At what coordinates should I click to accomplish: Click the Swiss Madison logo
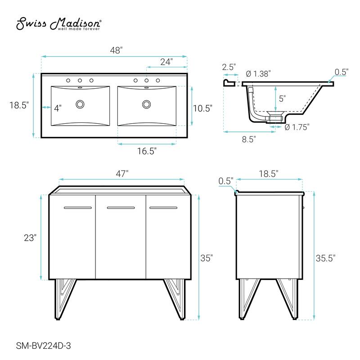click(59, 24)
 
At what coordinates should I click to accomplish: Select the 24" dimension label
click(166, 62)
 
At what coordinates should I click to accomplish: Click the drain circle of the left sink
click(80, 104)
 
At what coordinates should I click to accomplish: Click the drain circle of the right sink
click(146, 104)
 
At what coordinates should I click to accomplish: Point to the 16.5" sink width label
click(147, 152)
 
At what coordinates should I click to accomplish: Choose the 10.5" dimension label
click(202, 108)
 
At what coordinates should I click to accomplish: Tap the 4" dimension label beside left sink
click(58, 108)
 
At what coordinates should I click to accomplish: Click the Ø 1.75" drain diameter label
click(297, 127)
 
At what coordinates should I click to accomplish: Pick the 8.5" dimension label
click(248, 139)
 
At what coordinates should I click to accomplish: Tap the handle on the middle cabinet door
click(121, 208)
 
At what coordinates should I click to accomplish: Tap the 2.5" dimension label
click(229, 67)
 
